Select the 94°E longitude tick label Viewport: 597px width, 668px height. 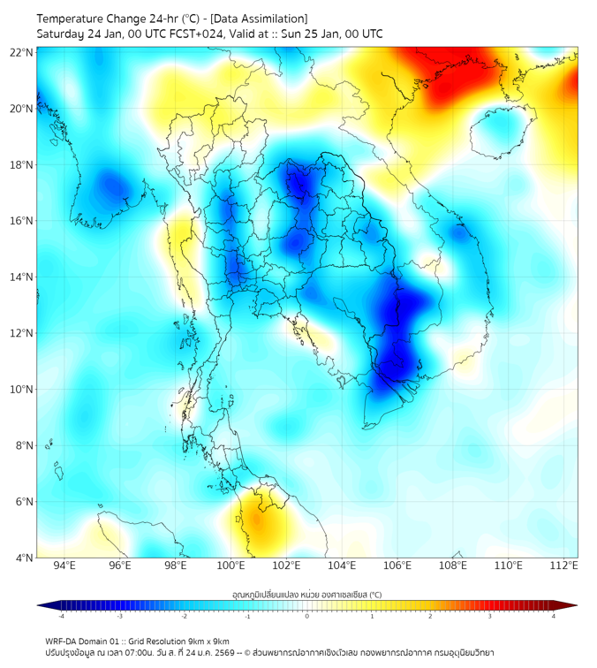[x=64, y=566]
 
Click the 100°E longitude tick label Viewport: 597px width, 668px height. [x=231, y=566]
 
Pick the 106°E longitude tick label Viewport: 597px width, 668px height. [x=397, y=566]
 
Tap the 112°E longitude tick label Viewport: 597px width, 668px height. [x=563, y=566]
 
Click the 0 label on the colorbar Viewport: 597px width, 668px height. [x=307, y=616]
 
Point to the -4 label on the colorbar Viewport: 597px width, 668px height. [x=60, y=616]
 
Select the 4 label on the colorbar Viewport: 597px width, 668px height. [x=554, y=616]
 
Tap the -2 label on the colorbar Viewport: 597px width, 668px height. [x=184, y=616]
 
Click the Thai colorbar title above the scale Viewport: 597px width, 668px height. [x=306, y=594]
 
